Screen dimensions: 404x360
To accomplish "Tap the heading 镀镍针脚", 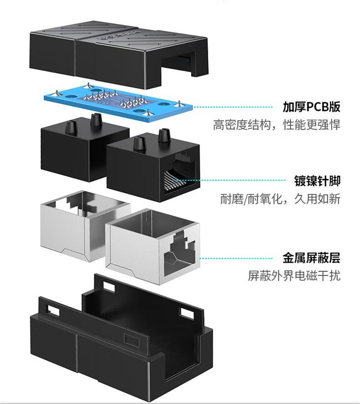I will (x=317, y=181).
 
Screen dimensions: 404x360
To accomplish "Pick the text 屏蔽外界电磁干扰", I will (x=294, y=276).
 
